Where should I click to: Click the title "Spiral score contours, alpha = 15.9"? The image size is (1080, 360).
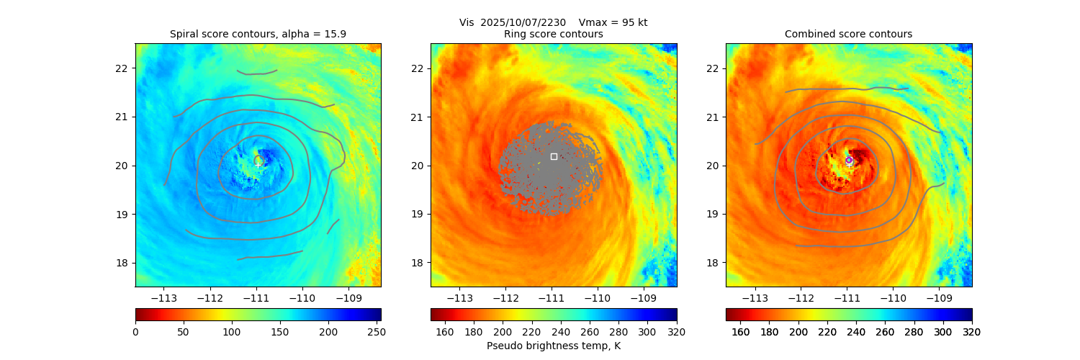click(258, 34)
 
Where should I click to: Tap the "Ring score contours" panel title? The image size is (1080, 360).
click(553, 34)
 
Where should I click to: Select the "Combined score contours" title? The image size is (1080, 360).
click(848, 34)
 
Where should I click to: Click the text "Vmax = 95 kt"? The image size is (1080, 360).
click(613, 22)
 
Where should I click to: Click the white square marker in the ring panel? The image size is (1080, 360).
click(554, 156)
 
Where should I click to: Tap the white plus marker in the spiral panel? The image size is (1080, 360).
click(258, 165)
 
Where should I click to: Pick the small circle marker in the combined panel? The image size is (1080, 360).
click(849, 160)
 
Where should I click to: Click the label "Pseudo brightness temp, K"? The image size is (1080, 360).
click(553, 346)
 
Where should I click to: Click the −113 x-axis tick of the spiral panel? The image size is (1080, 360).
click(165, 297)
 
